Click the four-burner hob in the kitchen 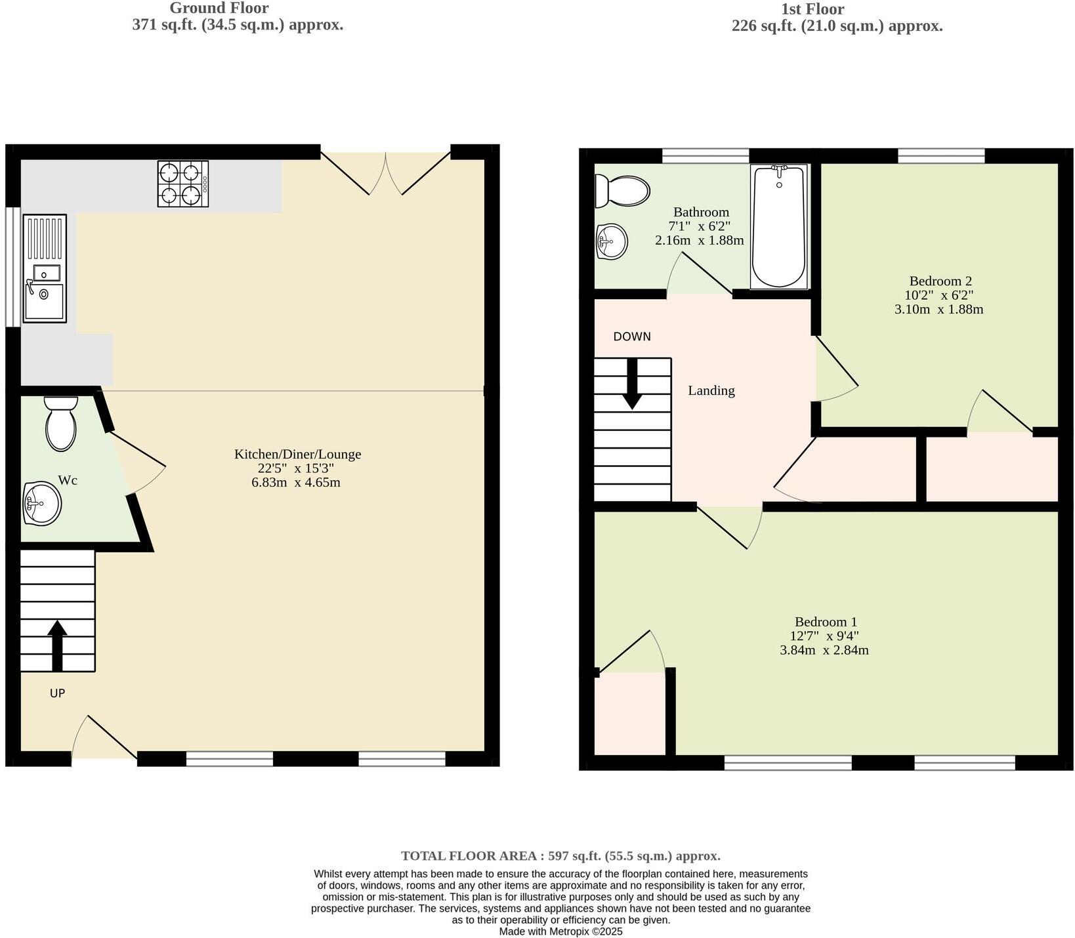click(182, 184)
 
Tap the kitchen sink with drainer click(45, 268)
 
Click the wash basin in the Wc click(41, 504)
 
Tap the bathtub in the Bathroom click(779, 226)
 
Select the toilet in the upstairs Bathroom click(621, 191)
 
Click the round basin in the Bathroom click(612, 241)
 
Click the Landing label click(711, 391)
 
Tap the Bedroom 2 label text click(940, 281)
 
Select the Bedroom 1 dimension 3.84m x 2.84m click(824, 651)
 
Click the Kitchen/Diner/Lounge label click(297, 454)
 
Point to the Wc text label click(68, 480)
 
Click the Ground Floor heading click(219, 9)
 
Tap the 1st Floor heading click(812, 9)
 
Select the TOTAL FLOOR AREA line click(560, 856)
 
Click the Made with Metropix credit click(560, 931)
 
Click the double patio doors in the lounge click(386, 173)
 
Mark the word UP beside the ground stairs click(57, 693)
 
